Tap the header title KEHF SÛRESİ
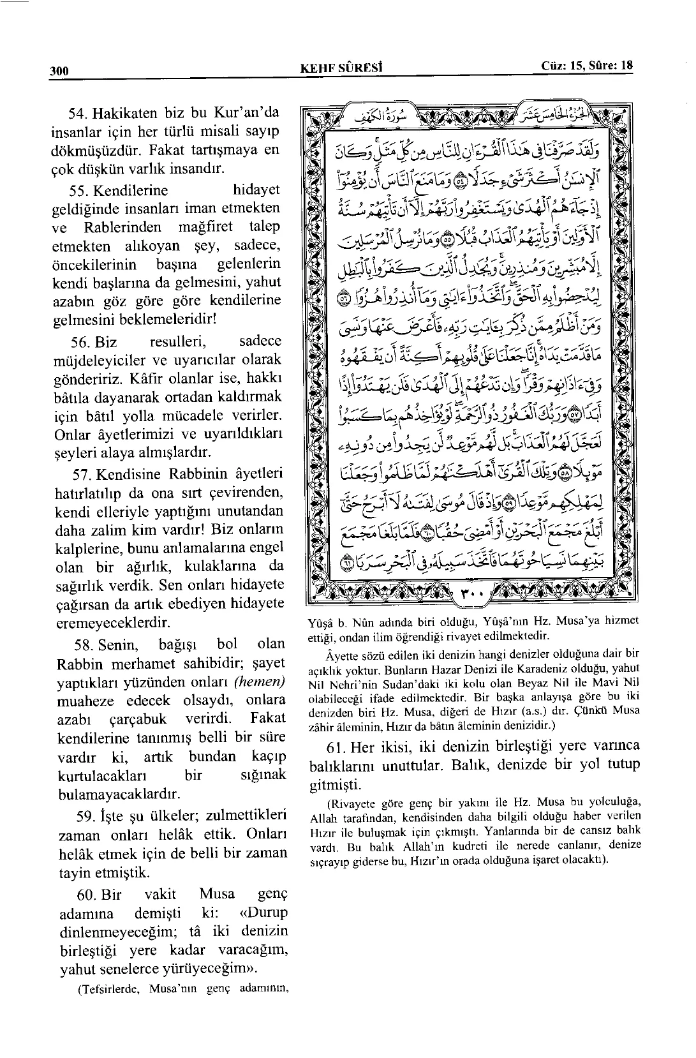pyautogui.click(x=344, y=67)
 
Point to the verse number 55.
pyautogui.click(x=79, y=190)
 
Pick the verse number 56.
pyautogui.click(x=79, y=341)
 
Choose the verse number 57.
pyautogui.click(x=79, y=475)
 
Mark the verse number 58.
pyautogui.click(x=79, y=644)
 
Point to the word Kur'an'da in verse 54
pyautogui.click(x=247, y=114)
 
